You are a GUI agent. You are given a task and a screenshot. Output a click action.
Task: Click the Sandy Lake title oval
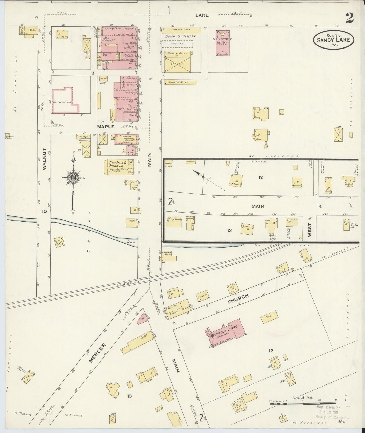(x=333, y=40)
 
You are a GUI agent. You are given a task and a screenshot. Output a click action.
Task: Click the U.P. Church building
(x=223, y=42)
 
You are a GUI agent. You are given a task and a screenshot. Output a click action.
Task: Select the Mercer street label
(x=97, y=353)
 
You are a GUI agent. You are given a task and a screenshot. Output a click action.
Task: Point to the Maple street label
(x=106, y=127)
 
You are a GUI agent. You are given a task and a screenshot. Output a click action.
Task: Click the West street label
(x=310, y=230)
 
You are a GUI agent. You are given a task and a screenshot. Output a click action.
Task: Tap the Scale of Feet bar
(x=303, y=404)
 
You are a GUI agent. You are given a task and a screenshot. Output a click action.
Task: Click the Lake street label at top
(x=202, y=15)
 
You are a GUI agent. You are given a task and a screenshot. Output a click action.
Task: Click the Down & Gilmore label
(x=180, y=36)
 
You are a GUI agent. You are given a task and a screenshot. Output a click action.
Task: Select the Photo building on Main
(x=132, y=223)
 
